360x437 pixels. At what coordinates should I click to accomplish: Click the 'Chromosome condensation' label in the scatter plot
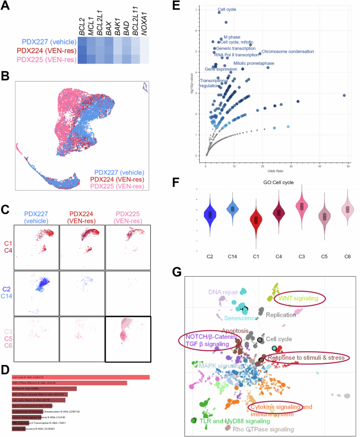pyautogui.click(x=287, y=52)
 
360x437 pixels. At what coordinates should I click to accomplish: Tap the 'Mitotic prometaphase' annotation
pyautogui.click(x=253, y=63)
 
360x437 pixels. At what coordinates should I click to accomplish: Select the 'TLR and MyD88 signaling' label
pyautogui.click(x=231, y=421)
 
